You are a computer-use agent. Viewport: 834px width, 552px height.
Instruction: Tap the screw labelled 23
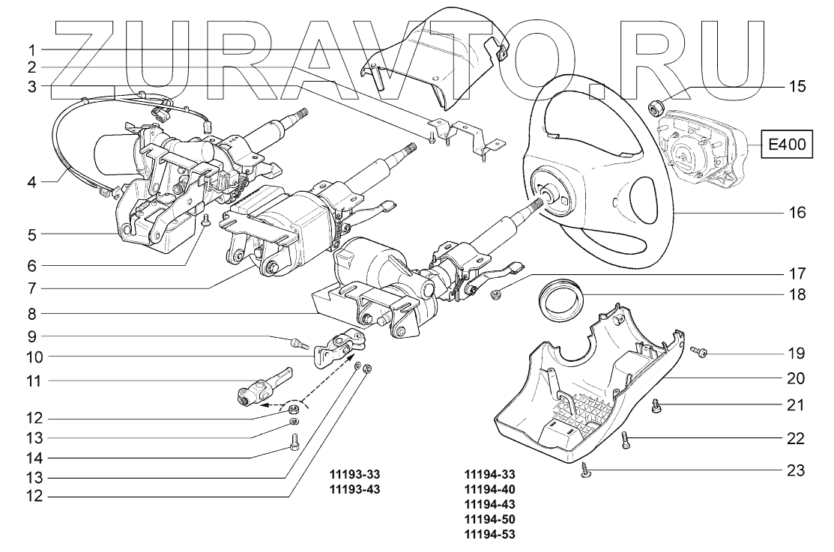point(587,470)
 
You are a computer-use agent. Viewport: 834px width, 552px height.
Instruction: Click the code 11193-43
point(360,488)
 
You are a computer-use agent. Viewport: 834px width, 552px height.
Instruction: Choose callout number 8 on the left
point(32,312)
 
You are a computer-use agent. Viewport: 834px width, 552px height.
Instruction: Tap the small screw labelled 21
point(657,406)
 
